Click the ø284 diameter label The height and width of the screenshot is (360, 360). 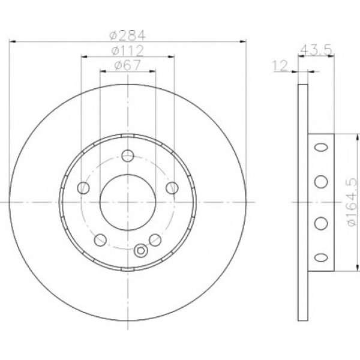coord(128,35)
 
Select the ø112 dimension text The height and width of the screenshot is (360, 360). coord(128,50)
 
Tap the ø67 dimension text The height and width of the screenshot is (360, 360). coord(127,65)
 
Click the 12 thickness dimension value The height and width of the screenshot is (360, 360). coord(281,66)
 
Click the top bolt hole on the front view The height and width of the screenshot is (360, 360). coord(128,155)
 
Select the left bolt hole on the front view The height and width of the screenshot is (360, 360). coord(83,188)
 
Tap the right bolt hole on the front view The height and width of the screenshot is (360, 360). coord(172,188)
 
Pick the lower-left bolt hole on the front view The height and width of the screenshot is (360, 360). coord(100,240)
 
